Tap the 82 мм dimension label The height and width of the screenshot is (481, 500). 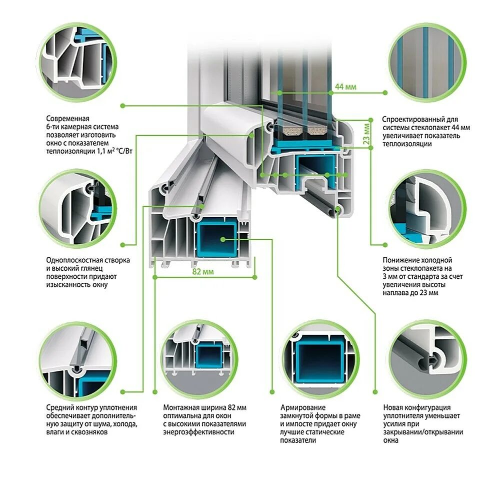[x=203, y=272]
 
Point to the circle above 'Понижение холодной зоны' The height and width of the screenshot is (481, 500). [x=426, y=209]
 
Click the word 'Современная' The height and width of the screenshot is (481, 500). [x=67, y=119]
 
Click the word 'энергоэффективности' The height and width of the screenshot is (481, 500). [x=198, y=432]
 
